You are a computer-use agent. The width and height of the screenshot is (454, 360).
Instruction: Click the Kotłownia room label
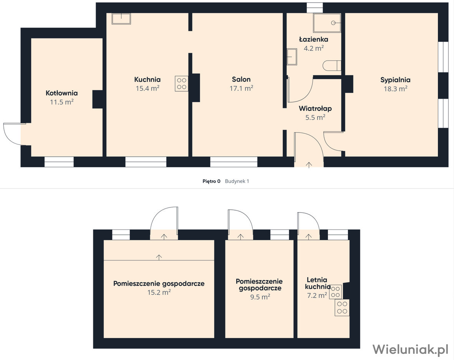62,93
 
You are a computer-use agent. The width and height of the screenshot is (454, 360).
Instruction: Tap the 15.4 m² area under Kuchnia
147,88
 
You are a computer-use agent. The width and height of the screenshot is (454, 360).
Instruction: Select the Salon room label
241,80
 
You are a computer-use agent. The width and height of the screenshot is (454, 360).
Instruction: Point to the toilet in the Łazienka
332,65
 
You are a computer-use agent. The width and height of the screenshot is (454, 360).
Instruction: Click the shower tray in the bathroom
327,23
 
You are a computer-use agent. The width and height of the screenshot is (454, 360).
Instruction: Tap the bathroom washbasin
292,57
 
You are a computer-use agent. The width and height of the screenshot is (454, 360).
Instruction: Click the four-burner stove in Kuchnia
182,84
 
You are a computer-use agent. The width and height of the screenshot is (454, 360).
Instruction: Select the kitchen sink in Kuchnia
121,19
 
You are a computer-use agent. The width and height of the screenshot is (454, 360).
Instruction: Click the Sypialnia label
396,80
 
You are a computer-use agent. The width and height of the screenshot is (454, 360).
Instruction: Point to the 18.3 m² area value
396,89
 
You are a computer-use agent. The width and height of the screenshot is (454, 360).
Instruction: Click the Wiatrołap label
315,109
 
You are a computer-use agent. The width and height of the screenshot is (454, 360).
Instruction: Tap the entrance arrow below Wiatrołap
309,165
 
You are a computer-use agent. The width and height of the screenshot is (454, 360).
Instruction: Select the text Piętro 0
211,181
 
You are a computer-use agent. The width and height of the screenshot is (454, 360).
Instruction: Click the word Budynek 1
237,181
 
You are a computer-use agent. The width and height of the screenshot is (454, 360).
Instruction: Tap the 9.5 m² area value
260,297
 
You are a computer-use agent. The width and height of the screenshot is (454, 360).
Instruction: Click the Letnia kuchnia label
318,283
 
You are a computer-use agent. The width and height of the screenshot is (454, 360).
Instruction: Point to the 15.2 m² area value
159,292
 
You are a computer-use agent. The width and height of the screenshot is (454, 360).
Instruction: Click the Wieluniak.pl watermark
410,349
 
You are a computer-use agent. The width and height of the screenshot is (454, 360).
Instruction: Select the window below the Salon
234,162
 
